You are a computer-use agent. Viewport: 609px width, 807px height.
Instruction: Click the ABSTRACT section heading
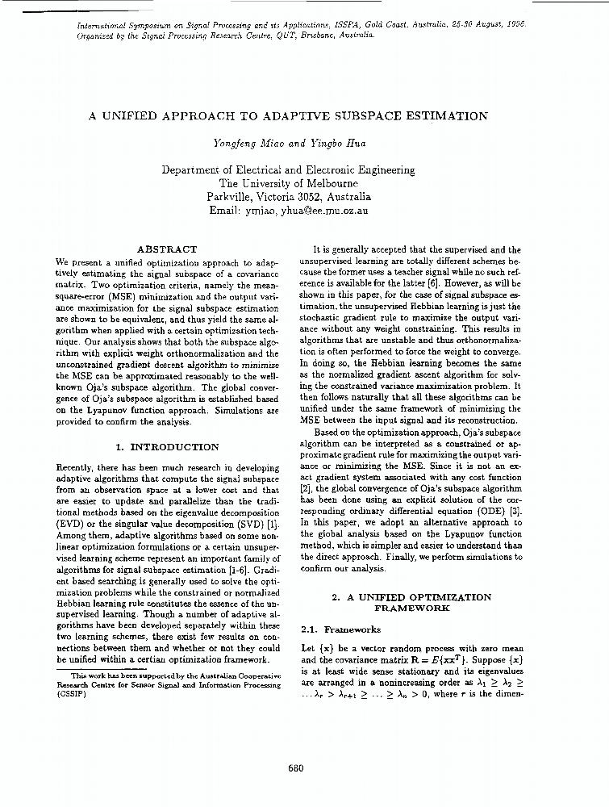click(167, 250)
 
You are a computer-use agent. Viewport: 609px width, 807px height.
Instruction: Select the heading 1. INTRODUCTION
click(167, 447)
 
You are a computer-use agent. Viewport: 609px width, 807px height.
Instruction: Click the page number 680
click(295, 768)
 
